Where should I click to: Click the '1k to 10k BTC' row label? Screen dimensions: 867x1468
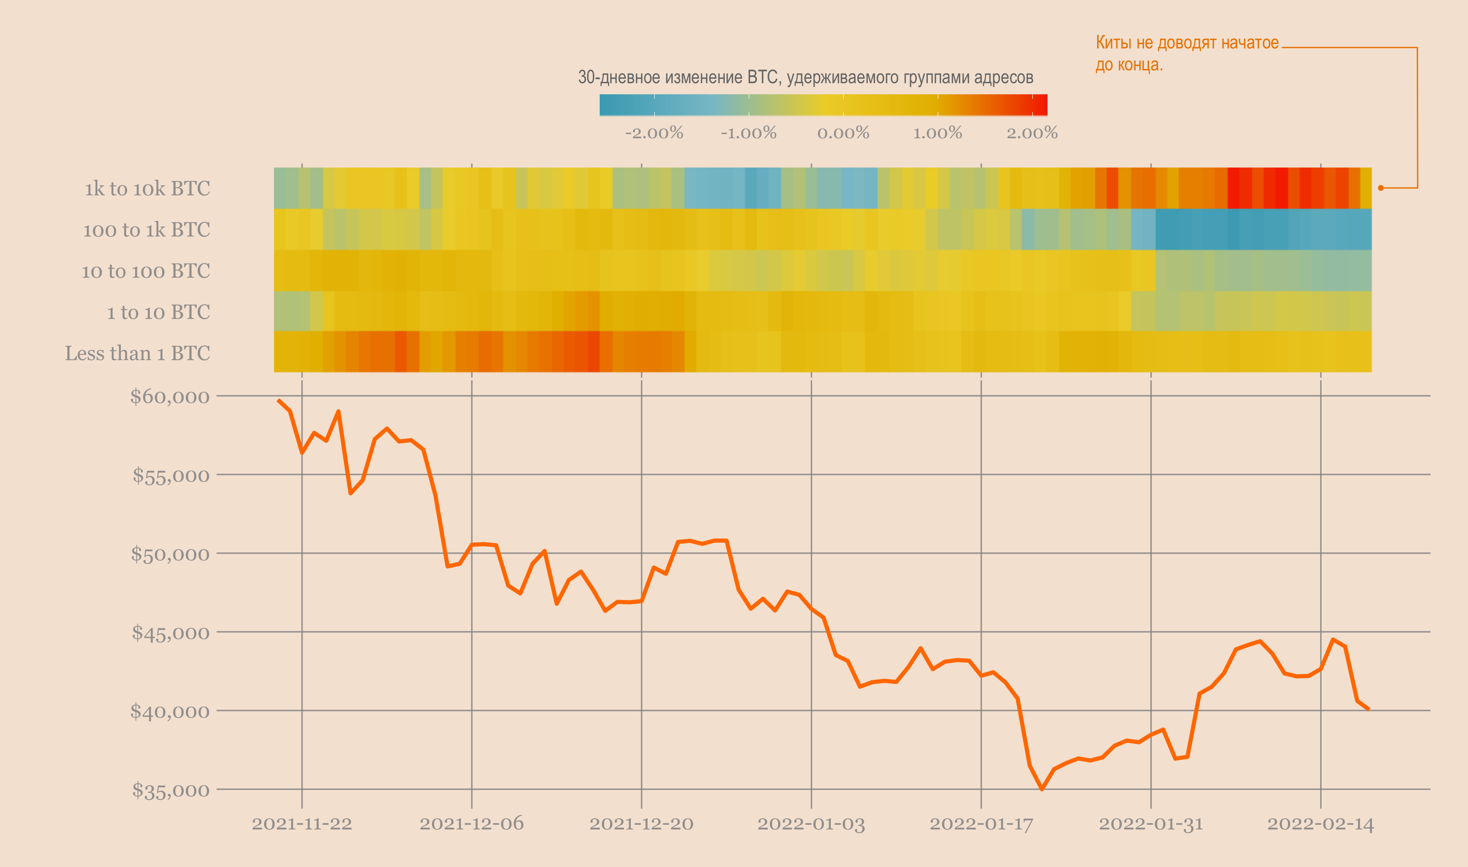147,189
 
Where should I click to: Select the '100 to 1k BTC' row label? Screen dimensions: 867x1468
146,230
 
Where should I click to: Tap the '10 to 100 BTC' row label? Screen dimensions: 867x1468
145,271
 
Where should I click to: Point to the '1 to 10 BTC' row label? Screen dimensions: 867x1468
158,312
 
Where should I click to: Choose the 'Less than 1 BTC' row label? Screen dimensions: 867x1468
137,354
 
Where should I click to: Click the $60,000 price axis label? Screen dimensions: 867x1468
169,397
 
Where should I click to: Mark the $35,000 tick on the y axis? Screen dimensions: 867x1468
171,790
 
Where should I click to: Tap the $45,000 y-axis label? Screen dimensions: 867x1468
171,633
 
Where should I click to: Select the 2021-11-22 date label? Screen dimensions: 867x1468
302,824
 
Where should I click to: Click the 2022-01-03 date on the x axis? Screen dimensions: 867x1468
811,824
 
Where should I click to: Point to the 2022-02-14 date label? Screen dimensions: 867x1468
1320,824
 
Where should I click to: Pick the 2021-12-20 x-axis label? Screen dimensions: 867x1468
641,824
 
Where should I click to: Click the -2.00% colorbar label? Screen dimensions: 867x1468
654,133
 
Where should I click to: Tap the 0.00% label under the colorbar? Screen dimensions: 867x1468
843,133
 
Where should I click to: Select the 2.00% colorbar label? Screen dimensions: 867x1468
1032,133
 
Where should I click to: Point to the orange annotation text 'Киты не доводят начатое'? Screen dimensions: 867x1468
1187,43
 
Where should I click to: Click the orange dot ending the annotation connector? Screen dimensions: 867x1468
1380,188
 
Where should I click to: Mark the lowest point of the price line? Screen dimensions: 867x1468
1042,789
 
